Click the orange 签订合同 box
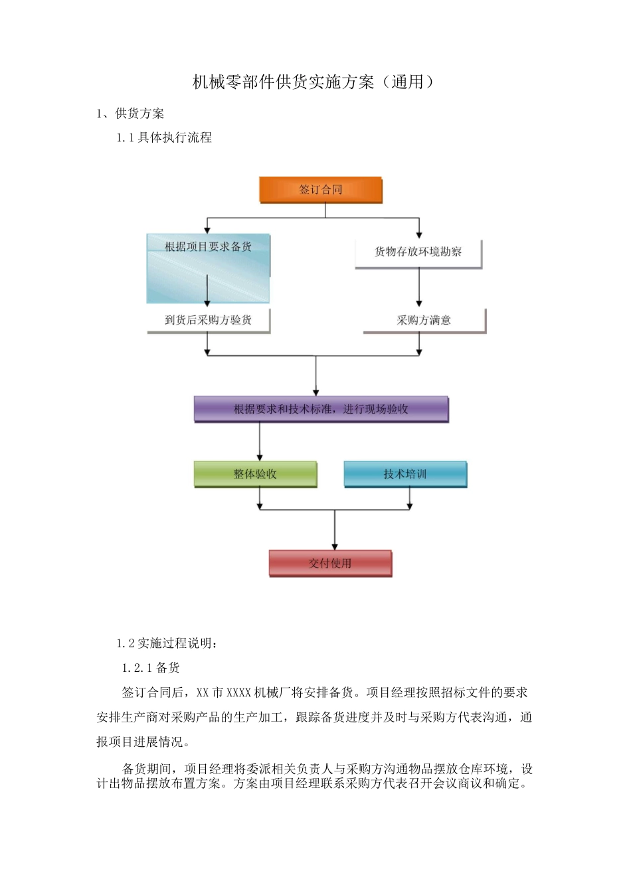321,190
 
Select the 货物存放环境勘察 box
418,252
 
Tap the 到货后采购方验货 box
208,320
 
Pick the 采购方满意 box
424,320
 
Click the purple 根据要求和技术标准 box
321,409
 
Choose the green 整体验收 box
255,474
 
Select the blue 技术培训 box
405,474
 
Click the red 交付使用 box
330,563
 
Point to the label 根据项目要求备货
208,247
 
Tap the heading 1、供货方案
130,114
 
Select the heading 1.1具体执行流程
164,137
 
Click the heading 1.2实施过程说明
167,643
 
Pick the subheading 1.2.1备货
151,667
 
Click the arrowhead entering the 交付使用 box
334,546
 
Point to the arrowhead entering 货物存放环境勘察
418,235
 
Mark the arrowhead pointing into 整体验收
260,457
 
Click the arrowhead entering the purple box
316,392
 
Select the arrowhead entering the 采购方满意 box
418,303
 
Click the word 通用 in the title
407,82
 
